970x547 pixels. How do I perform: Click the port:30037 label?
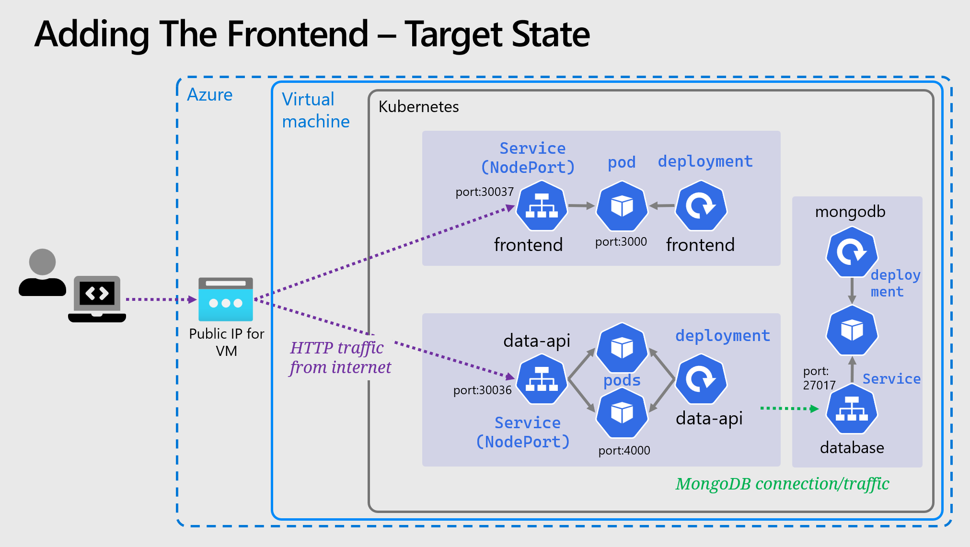(x=484, y=192)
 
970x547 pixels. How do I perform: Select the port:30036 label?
(x=482, y=390)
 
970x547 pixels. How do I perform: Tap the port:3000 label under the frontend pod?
(x=621, y=242)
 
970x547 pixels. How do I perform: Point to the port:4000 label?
(x=624, y=451)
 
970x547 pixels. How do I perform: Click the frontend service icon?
(x=542, y=206)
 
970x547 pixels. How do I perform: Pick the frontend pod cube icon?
(x=622, y=206)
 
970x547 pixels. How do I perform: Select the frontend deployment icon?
(x=701, y=206)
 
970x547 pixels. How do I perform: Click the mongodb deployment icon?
(x=852, y=252)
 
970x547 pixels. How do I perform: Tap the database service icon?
(x=852, y=410)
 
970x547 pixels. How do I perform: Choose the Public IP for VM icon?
(x=226, y=299)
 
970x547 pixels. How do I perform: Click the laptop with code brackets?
(x=97, y=298)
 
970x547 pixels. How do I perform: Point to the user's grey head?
(x=42, y=262)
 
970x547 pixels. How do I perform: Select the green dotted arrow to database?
(x=789, y=409)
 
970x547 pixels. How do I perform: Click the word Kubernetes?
(x=418, y=106)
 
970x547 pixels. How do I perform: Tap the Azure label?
(x=209, y=95)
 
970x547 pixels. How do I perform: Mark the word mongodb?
(x=850, y=212)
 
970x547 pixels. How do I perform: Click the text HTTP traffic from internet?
(x=340, y=357)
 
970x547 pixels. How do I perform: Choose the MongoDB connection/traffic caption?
(x=782, y=484)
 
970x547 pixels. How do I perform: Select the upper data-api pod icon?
(x=622, y=348)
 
